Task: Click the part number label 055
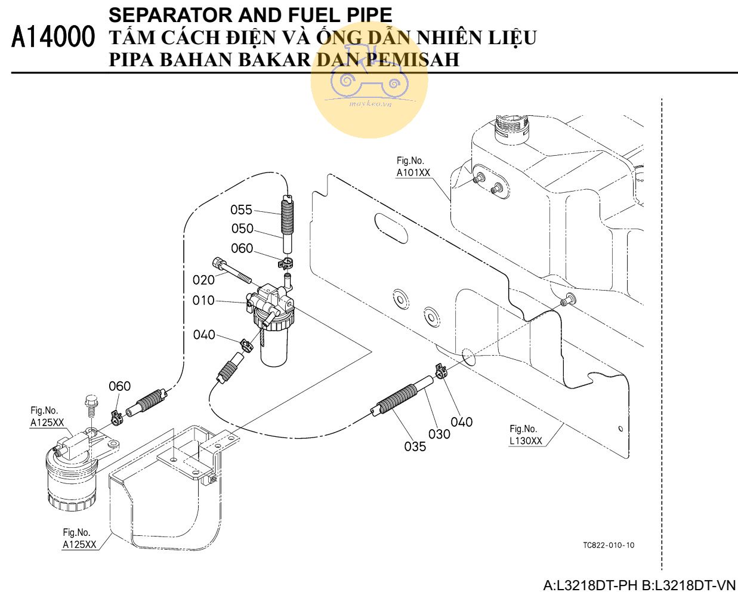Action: [x=241, y=210]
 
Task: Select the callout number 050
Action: [x=242, y=229]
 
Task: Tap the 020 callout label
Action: [x=203, y=280]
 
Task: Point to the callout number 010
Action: [x=203, y=300]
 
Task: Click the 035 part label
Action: [x=415, y=446]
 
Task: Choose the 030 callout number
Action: [x=439, y=434]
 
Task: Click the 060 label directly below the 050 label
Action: [x=242, y=248]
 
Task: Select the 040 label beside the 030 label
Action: [x=461, y=423]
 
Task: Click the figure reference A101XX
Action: [x=413, y=173]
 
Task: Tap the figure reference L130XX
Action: [x=526, y=441]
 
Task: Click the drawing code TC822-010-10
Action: [x=609, y=545]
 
